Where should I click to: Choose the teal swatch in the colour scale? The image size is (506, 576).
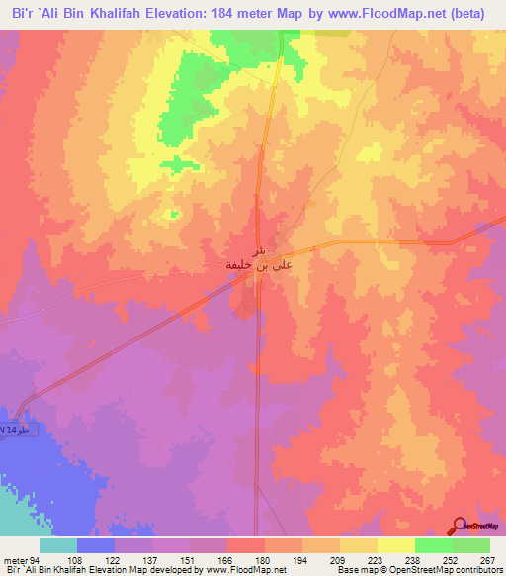[x=58, y=545]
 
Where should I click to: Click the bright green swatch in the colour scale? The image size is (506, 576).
[x=433, y=545]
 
